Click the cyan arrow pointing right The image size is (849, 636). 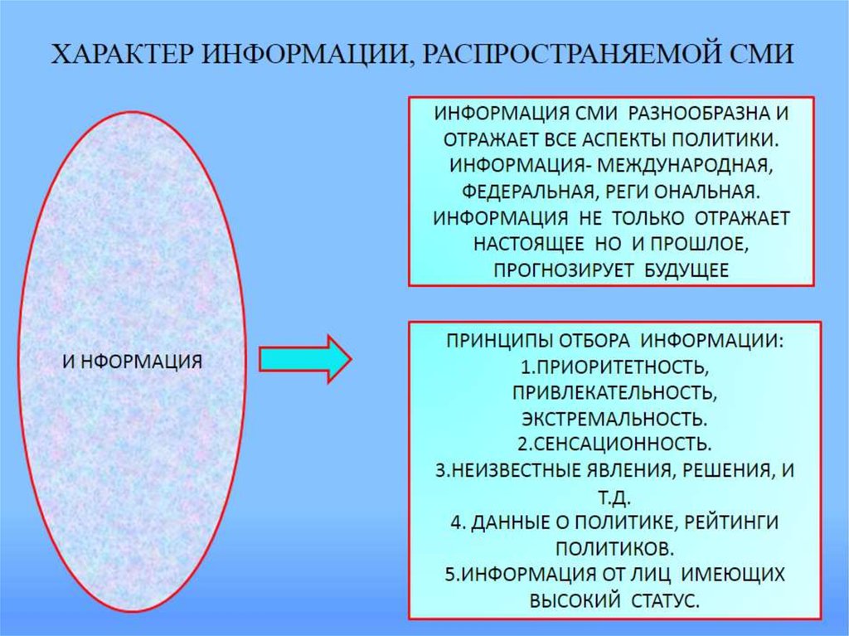pyautogui.click(x=305, y=359)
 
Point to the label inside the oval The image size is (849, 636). pyautogui.click(x=133, y=362)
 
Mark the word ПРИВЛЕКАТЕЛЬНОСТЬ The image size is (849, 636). pyautogui.click(x=613, y=391)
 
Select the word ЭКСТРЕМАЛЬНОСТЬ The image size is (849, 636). pyautogui.click(x=614, y=418)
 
